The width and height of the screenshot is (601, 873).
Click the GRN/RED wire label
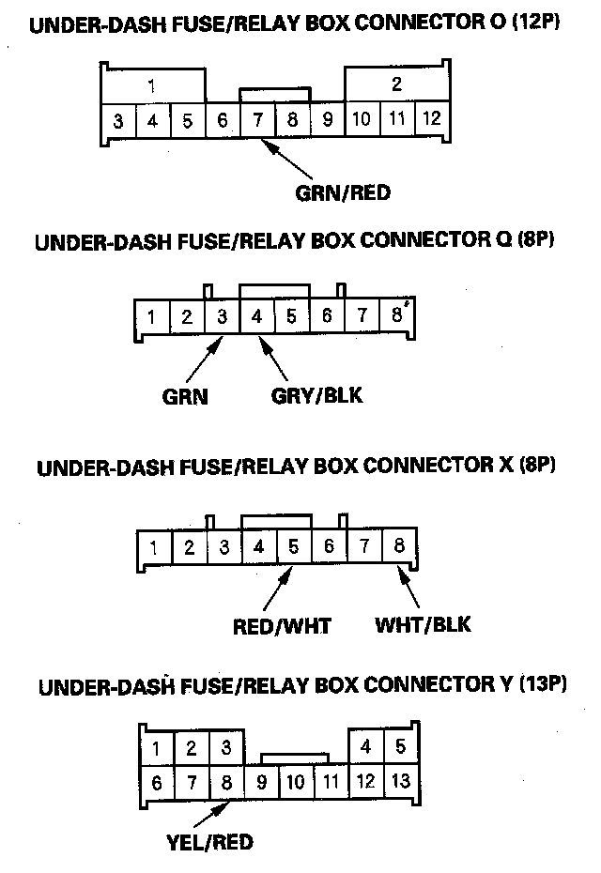pyautogui.click(x=342, y=194)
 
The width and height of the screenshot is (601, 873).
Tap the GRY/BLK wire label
pyautogui.click(x=316, y=395)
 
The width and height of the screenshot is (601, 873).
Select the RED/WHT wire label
pyautogui.click(x=282, y=625)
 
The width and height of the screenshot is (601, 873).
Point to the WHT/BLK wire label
pyautogui.click(x=423, y=625)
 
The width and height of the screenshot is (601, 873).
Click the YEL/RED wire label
pyautogui.click(x=208, y=841)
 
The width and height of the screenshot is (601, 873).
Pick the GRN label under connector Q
pyautogui.click(x=185, y=395)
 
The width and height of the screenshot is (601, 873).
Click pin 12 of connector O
pyautogui.click(x=431, y=120)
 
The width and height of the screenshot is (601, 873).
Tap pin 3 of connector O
pyautogui.click(x=118, y=121)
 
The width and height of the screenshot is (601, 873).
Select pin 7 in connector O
pyautogui.click(x=257, y=121)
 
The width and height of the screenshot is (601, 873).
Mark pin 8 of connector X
pyautogui.click(x=400, y=546)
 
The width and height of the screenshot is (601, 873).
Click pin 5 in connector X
pyautogui.click(x=293, y=546)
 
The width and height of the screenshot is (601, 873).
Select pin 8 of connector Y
pyautogui.click(x=225, y=780)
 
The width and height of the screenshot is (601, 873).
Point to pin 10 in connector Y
pyautogui.click(x=295, y=780)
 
